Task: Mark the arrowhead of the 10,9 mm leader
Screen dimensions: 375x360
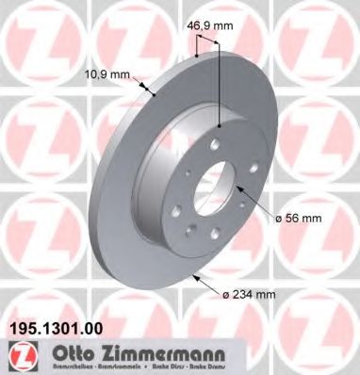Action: tap(151, 94)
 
